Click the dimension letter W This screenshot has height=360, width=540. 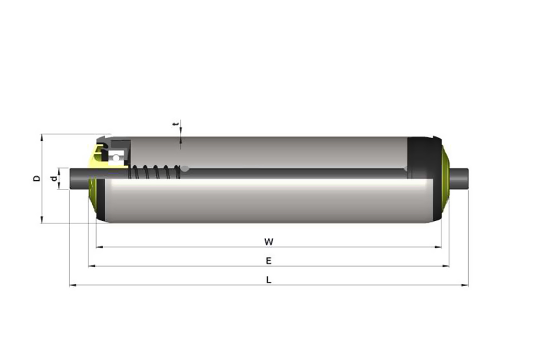268,242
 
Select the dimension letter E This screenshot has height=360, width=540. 268,261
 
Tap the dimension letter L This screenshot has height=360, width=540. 269,280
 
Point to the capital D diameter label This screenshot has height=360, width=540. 37,178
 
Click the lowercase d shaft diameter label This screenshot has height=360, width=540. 53,178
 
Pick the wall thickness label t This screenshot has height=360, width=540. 176,124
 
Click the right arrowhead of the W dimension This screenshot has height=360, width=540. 438,247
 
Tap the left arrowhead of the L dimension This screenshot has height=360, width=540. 73,286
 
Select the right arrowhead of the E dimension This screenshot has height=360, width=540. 446,266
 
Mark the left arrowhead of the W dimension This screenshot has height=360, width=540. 99,247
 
